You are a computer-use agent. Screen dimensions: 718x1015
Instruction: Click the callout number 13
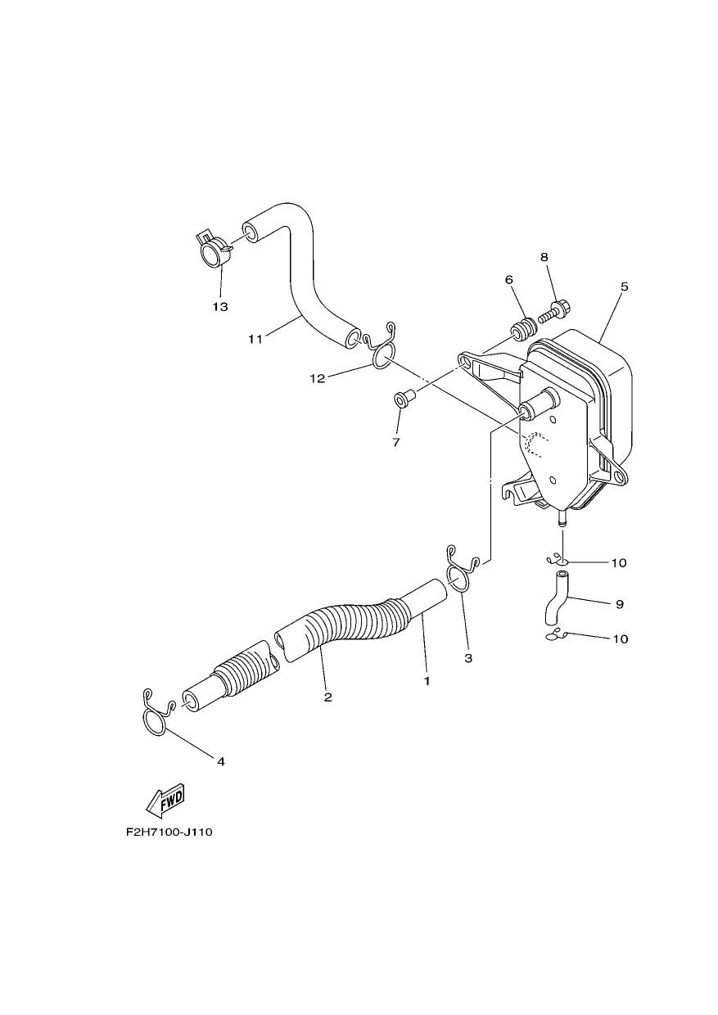pyautogui.click(x=220, y=307)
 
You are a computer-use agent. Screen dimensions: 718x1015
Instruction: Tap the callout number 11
pyautogui.click(x=255, y=339)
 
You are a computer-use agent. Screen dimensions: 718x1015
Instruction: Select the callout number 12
pyautogui.click(x=318, y=379)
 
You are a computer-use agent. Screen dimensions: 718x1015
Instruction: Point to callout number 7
pyautogui.click(x=396, y=442)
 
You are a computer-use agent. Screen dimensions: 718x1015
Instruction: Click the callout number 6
pyautogui.click(x=508, y=280)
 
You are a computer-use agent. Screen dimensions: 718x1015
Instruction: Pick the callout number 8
pyautogui.click(x=544, y=257)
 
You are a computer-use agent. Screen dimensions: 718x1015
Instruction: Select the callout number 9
pyautogui.click(x=620, y=604)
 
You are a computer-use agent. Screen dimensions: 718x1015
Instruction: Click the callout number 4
pyautogui.click(x=221, y=762)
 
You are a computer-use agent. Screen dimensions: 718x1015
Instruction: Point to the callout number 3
pyautogui.click(x=468, y=658)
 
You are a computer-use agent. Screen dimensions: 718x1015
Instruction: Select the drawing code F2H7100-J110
pyautogui.click(x=169, y=832)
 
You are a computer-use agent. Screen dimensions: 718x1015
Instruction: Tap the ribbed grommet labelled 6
pyautogui.click(x=525, y=329)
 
